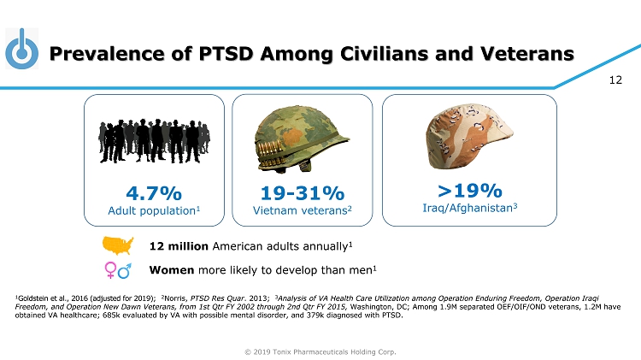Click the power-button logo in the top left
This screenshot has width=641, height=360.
click(22, 50)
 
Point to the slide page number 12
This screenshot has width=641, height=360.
click(614, 82)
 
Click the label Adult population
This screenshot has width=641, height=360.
click(153, 210)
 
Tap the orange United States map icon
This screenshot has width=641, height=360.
click(119, 246)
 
